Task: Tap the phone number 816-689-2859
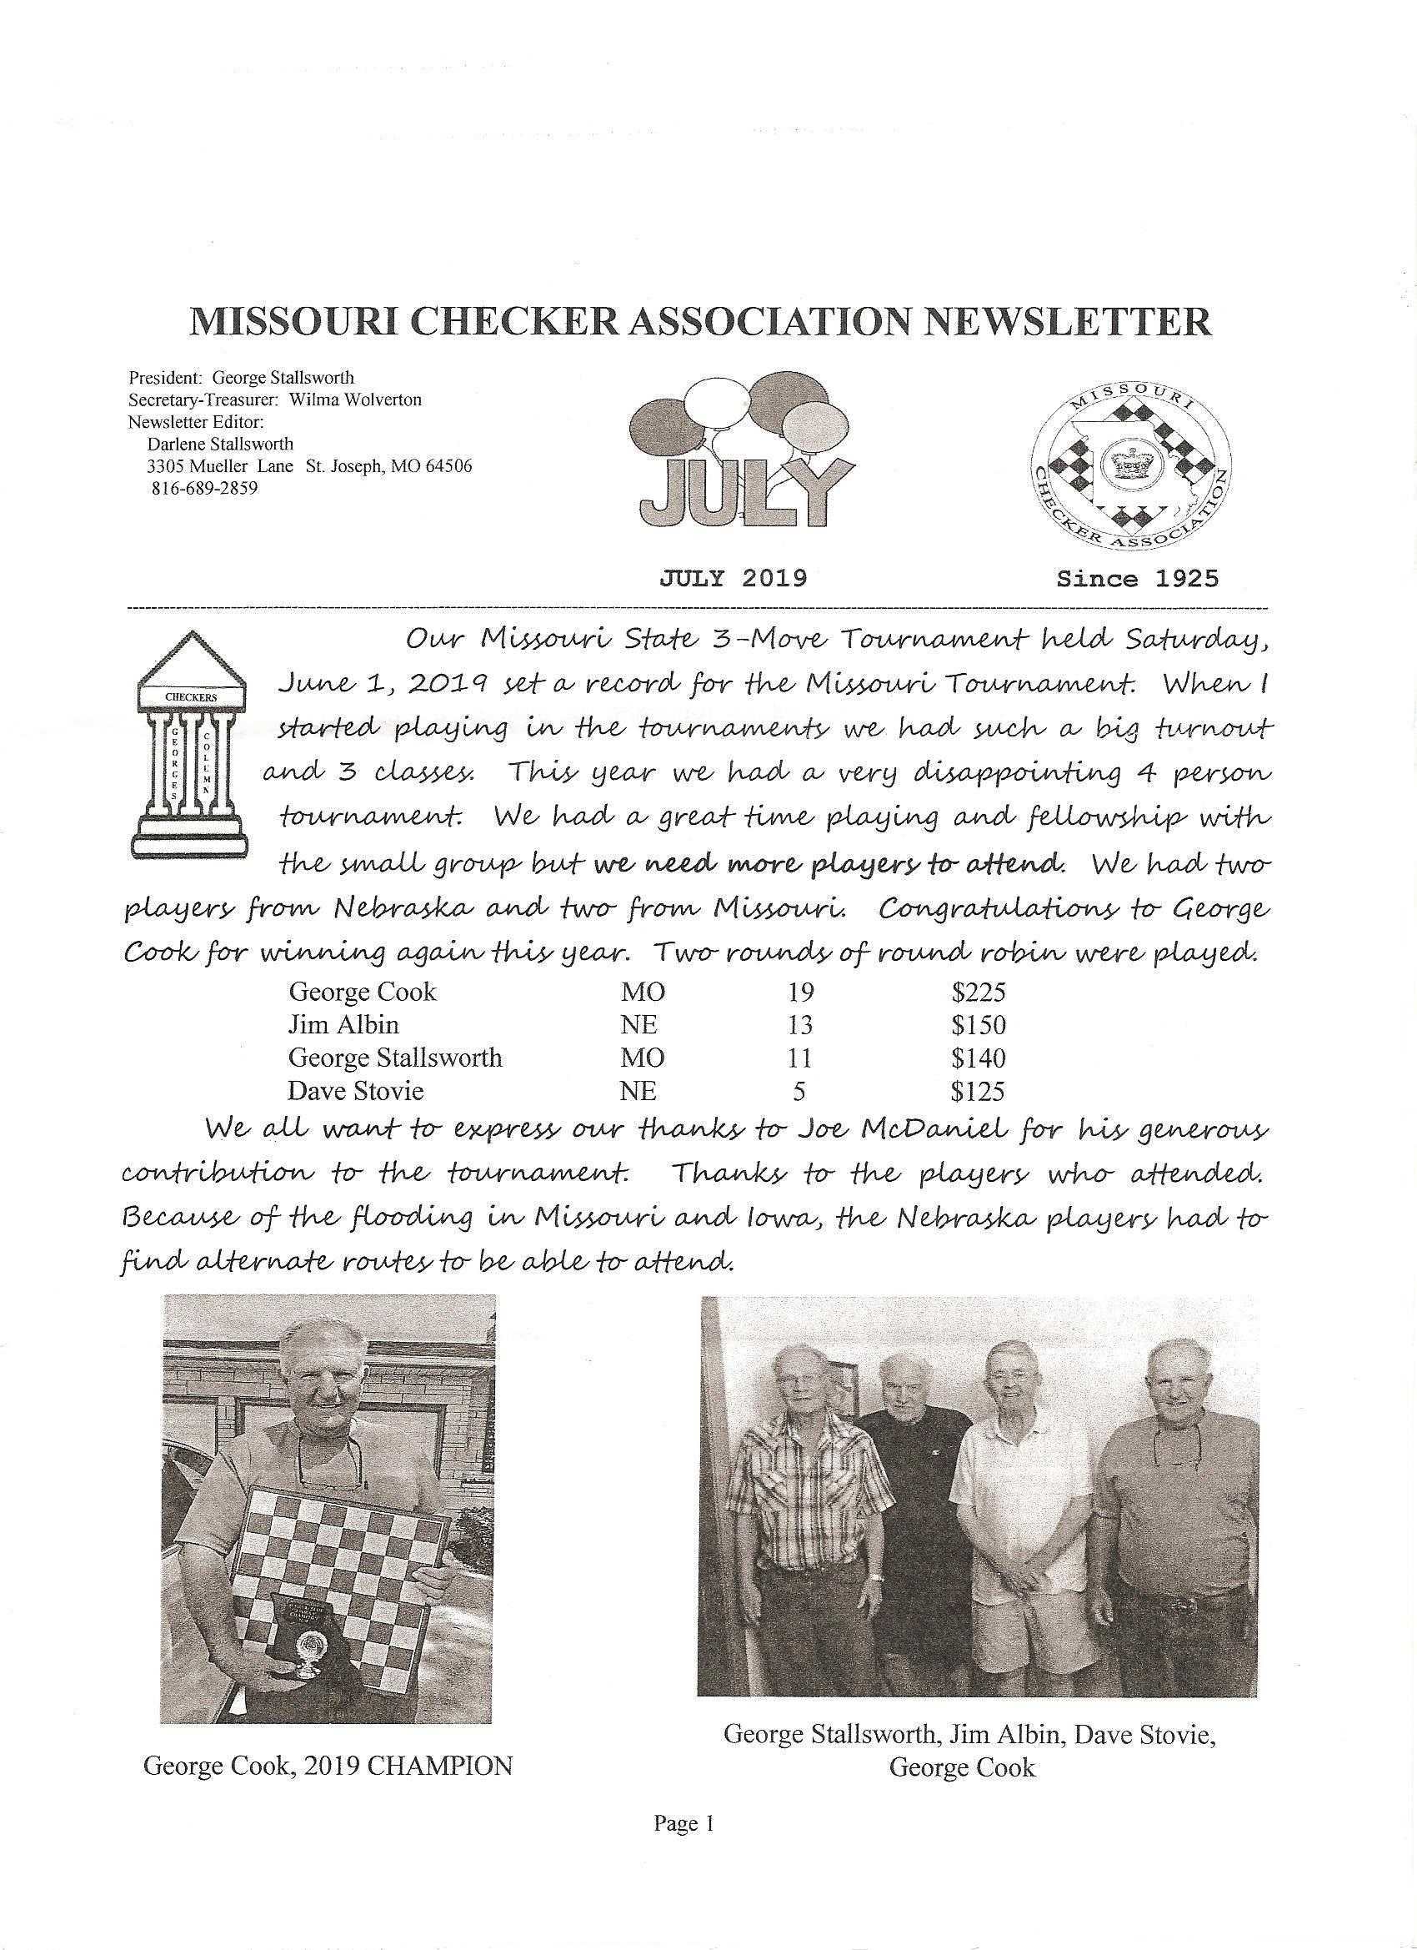pos(203,487)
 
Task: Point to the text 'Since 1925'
pos(1137,578)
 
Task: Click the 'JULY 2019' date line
pos(733,578)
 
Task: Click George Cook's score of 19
pos(799,993)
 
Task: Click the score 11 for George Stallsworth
pos(799,1058)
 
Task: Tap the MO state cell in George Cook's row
pos(643,993)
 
